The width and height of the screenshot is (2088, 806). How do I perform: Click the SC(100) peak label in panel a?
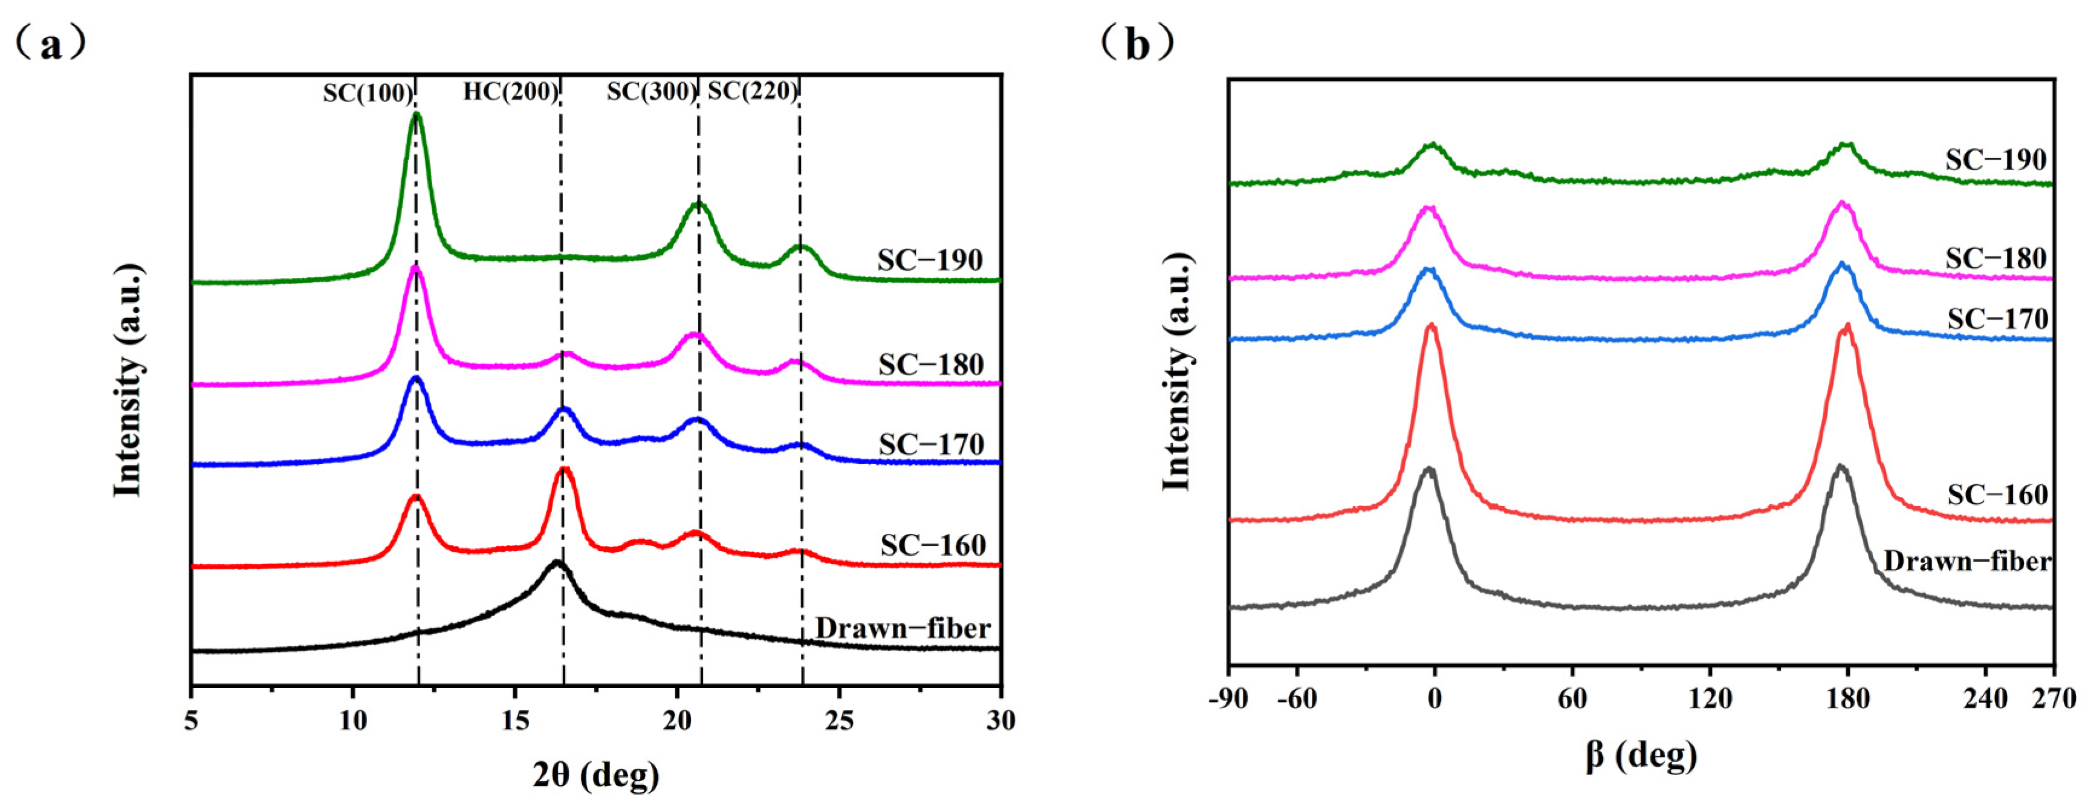367,93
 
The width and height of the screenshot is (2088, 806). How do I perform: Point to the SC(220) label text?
752,91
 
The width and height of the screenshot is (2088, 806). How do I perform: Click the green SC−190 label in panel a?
930,260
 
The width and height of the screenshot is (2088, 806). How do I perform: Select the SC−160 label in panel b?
1997,495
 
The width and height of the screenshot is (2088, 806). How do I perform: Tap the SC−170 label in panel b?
1998,319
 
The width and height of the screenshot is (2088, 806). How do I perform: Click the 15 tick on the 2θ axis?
514,720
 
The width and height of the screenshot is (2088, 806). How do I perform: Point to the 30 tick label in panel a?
1001,720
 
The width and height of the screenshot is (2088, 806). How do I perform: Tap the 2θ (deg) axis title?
596,775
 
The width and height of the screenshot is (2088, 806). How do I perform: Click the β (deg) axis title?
1641,756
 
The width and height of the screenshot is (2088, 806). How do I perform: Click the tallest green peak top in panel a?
417,115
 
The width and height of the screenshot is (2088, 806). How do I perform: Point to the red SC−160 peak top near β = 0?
1431,326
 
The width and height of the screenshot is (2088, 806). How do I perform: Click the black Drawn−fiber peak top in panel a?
556,561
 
